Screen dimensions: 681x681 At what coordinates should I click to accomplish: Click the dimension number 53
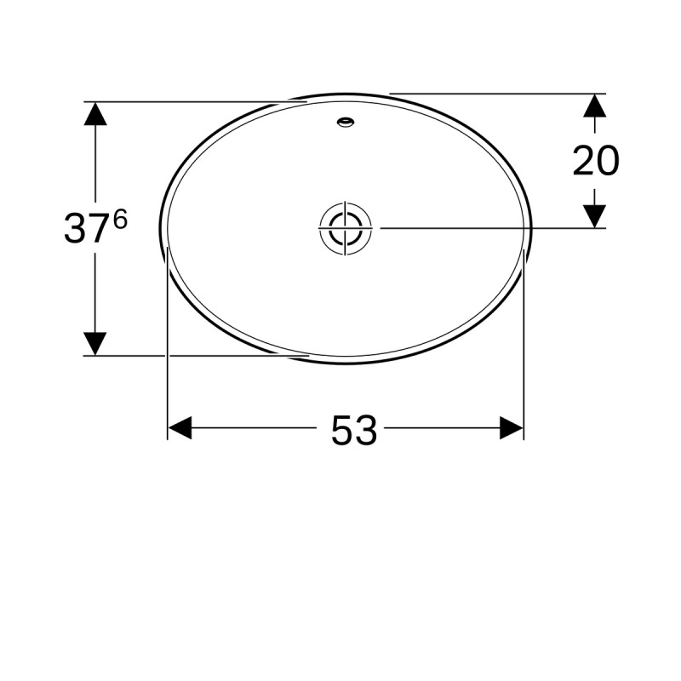point(354,430)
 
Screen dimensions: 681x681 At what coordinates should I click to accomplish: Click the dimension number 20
point(596,160)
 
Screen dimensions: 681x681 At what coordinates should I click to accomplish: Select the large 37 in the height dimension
point(86,228)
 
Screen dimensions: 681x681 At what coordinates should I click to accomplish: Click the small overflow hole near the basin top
point(346,122)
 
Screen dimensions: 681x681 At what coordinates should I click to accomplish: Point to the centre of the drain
point(346,227)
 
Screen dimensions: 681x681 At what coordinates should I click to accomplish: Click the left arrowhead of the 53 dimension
point(180,428)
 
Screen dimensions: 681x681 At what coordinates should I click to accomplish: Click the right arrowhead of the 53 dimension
point(512,428)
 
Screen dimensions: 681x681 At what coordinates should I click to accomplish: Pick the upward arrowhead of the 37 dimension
point(95,114)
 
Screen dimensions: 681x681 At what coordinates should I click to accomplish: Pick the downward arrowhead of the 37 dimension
point(95,344)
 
